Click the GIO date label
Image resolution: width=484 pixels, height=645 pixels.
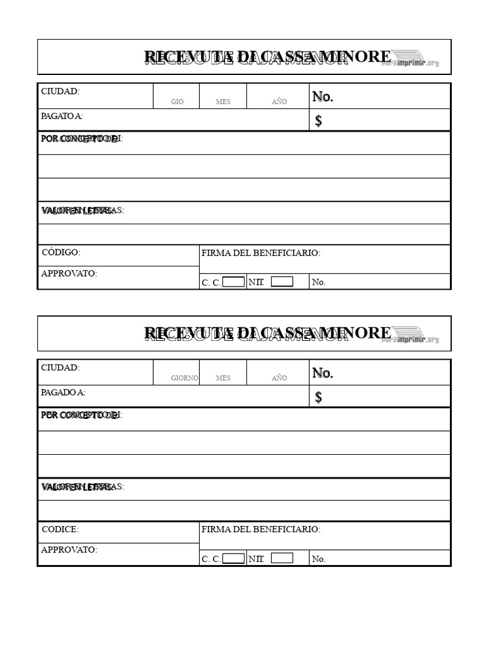point(177,101)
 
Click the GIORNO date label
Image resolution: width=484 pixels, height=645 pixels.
point(185,378)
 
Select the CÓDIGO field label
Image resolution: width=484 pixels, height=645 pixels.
point(60,253)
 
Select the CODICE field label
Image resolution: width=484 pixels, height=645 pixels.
point(60,530)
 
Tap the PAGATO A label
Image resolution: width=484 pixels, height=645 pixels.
point(62,116)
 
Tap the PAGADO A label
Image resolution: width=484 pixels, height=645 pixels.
point(62,392)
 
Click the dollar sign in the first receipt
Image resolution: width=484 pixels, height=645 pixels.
point(318,121)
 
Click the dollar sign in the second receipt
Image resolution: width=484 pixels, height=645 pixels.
point(318,397)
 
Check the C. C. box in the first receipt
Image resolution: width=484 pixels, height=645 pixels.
point(234,282)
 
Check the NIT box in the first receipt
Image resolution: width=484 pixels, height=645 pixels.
point(282,282)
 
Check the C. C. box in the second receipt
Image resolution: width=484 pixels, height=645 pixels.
point(234,558)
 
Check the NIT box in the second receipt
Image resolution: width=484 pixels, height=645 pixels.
point(282,558)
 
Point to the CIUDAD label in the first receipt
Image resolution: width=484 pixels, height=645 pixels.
point(60,91)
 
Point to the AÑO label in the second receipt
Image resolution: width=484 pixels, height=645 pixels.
point(279,378)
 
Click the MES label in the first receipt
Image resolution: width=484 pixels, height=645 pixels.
point(223,101)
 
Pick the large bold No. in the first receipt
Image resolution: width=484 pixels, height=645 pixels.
point(323,96)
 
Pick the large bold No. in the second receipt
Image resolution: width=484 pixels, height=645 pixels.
point(323,373)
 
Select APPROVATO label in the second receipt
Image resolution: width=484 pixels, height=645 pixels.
point(69,550)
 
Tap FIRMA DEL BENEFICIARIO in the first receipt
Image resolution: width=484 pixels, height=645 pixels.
point(261,253)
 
